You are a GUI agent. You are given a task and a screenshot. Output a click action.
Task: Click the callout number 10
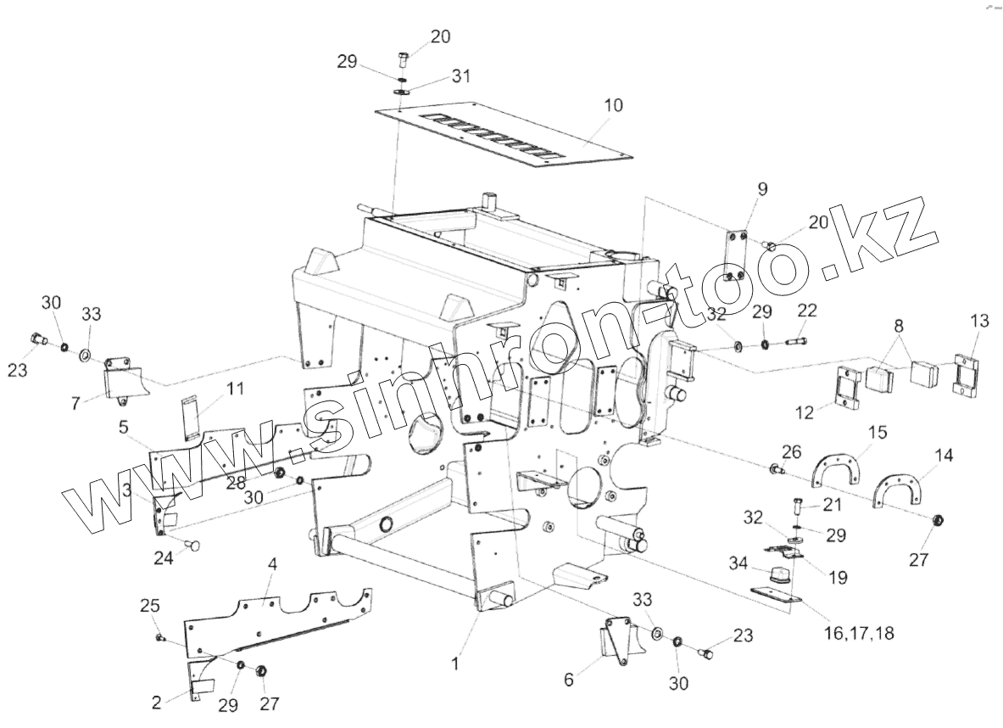point(613,105)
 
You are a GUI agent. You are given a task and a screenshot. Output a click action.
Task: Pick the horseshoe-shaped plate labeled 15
point(837,469)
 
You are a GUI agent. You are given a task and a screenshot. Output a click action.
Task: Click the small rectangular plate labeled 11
point(191,416)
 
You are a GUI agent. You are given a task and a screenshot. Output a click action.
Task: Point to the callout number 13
point(979,321)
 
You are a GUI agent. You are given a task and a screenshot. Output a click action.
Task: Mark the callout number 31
point(460,76)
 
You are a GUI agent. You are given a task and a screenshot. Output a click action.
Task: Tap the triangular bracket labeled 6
point(616,643)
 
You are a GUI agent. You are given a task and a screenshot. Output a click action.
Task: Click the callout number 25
point(149,606)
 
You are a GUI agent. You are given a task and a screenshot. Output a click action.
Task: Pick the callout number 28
point(237,482)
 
